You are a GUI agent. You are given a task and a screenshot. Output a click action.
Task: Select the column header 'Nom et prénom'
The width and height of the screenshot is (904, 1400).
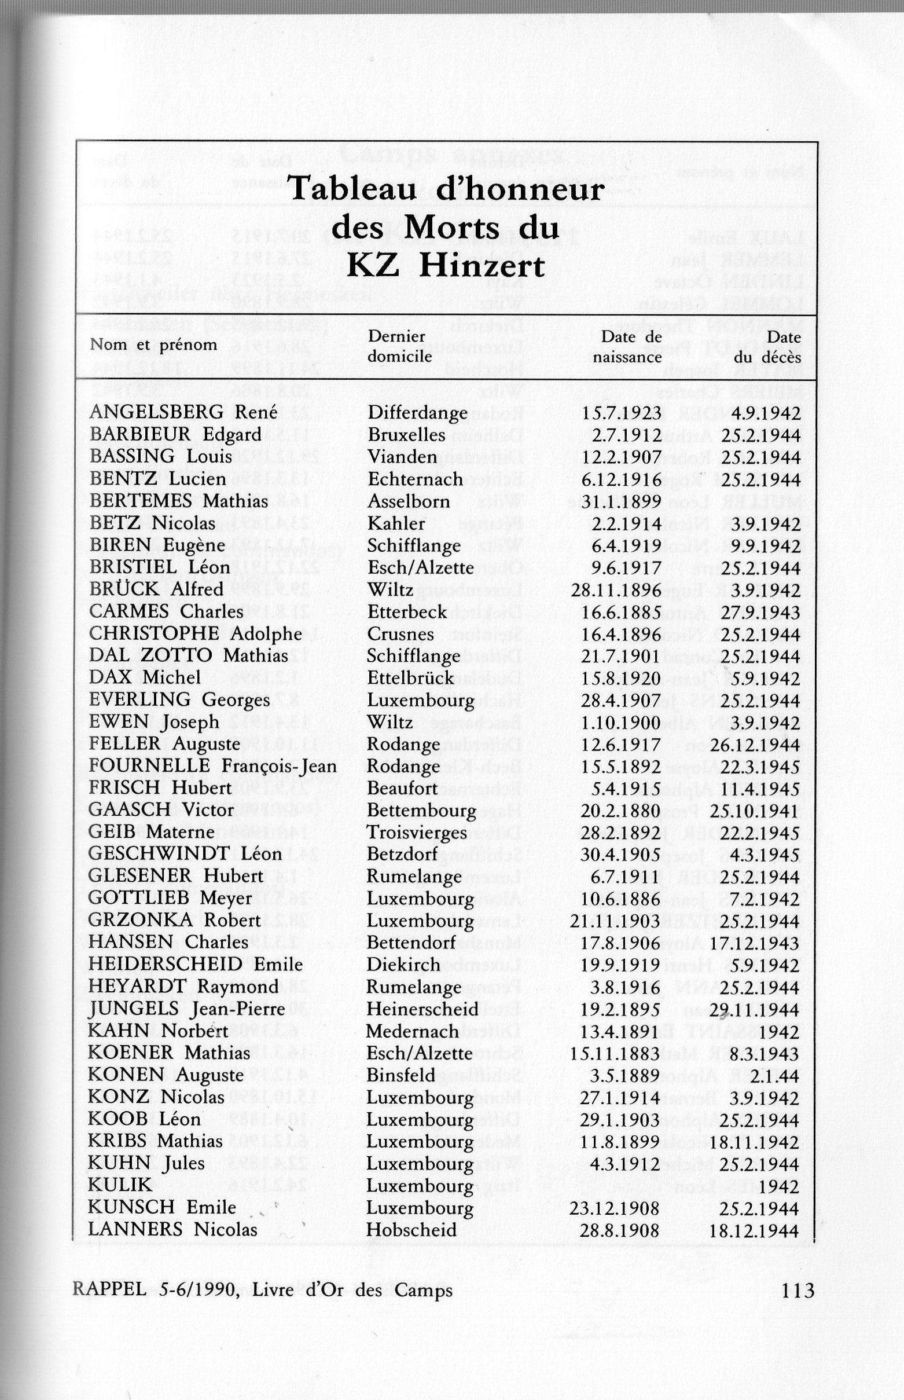coord(153,344)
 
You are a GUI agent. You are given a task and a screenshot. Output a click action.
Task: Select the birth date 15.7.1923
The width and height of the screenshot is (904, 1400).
coord(621,413)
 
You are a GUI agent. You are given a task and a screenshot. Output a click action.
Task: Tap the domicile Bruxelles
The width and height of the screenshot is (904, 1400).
coord(406,435)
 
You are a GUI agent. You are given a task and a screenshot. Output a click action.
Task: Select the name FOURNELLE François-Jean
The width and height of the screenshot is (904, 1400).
coord(213,767)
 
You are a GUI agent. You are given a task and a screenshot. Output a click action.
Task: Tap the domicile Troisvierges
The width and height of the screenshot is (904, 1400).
coord(417,833)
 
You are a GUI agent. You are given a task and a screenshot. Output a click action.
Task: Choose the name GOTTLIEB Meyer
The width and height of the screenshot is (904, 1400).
coord(170,899)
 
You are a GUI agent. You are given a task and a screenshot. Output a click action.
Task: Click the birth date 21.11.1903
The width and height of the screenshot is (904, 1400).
coord(615,921)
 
